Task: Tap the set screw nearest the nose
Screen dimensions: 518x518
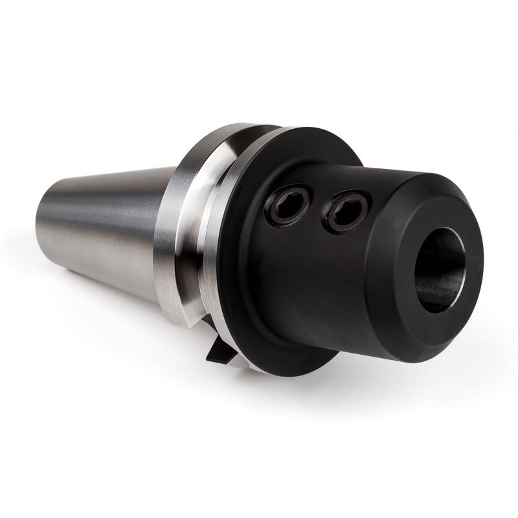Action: click(348, 211)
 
